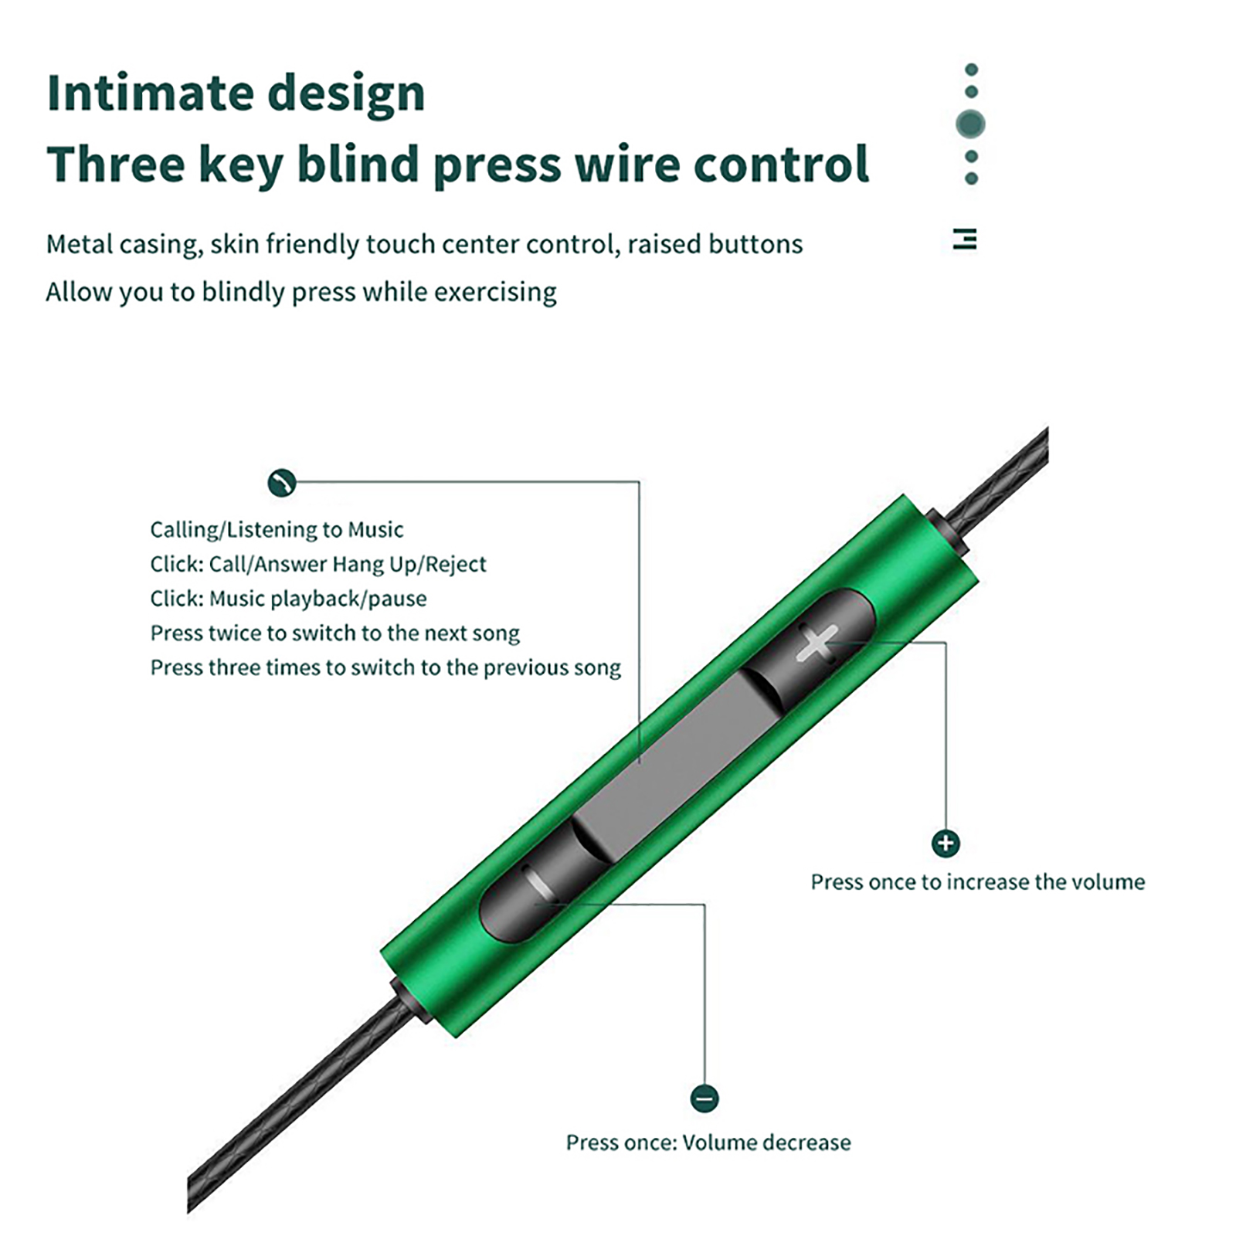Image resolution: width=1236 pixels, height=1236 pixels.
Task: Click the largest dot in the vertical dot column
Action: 971,124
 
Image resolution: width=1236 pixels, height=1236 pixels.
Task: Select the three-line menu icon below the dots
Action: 965,239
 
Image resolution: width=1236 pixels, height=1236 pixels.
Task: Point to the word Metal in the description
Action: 76,244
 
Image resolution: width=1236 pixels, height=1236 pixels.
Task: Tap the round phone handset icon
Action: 282,483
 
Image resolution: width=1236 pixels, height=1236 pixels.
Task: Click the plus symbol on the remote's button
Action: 817,643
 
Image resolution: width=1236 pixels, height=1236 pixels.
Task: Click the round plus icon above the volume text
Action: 946,843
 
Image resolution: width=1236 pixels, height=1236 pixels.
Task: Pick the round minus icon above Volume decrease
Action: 704,1098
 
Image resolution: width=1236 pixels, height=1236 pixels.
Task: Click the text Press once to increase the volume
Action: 977,881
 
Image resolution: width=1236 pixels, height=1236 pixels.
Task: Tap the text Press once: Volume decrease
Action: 708,1142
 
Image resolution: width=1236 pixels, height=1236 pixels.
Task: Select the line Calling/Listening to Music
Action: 277,530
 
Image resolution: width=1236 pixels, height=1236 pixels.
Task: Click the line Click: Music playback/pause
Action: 288,599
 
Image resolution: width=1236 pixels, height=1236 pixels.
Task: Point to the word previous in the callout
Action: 516,667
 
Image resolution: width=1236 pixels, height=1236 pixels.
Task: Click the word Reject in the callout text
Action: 456,565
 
